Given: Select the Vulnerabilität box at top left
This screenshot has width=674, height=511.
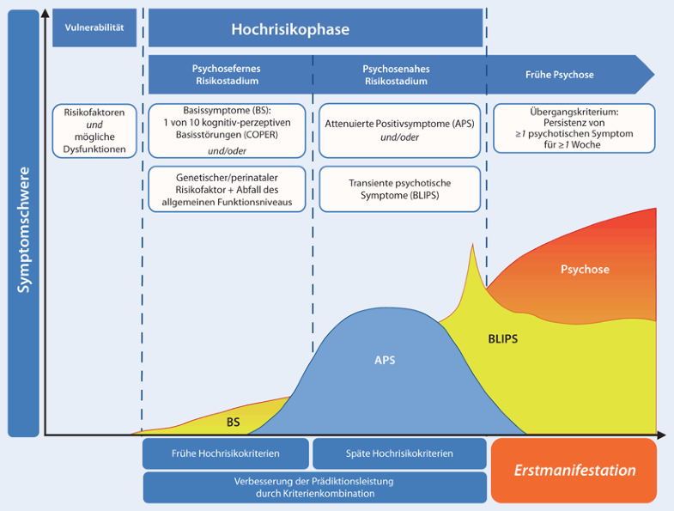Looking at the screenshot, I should [94, 28].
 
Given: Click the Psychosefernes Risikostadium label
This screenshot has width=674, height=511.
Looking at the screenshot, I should [226, 75].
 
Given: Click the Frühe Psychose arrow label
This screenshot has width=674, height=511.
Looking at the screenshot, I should [559, 75].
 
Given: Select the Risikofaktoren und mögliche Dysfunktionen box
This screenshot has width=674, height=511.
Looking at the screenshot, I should [94, 131].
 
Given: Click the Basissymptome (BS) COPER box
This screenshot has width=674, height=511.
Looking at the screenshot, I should [227, 131].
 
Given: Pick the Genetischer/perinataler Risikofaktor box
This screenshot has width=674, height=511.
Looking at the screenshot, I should [227, 189].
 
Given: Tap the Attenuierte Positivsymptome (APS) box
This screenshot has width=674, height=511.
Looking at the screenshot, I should [399, 131].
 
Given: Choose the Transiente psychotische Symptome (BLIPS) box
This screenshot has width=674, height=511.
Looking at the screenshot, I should [399, 189].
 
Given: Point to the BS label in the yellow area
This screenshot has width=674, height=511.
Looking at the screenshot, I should [234, 422].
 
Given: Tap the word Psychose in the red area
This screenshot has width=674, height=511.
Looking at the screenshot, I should [585, 269].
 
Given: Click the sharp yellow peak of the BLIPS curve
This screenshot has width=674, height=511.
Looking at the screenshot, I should [471, 249].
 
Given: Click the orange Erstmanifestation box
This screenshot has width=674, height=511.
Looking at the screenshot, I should [574, 471].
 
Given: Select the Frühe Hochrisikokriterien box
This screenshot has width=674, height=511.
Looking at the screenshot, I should [226, 453].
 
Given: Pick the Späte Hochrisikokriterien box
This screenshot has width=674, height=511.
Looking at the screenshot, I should [399, 453].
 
